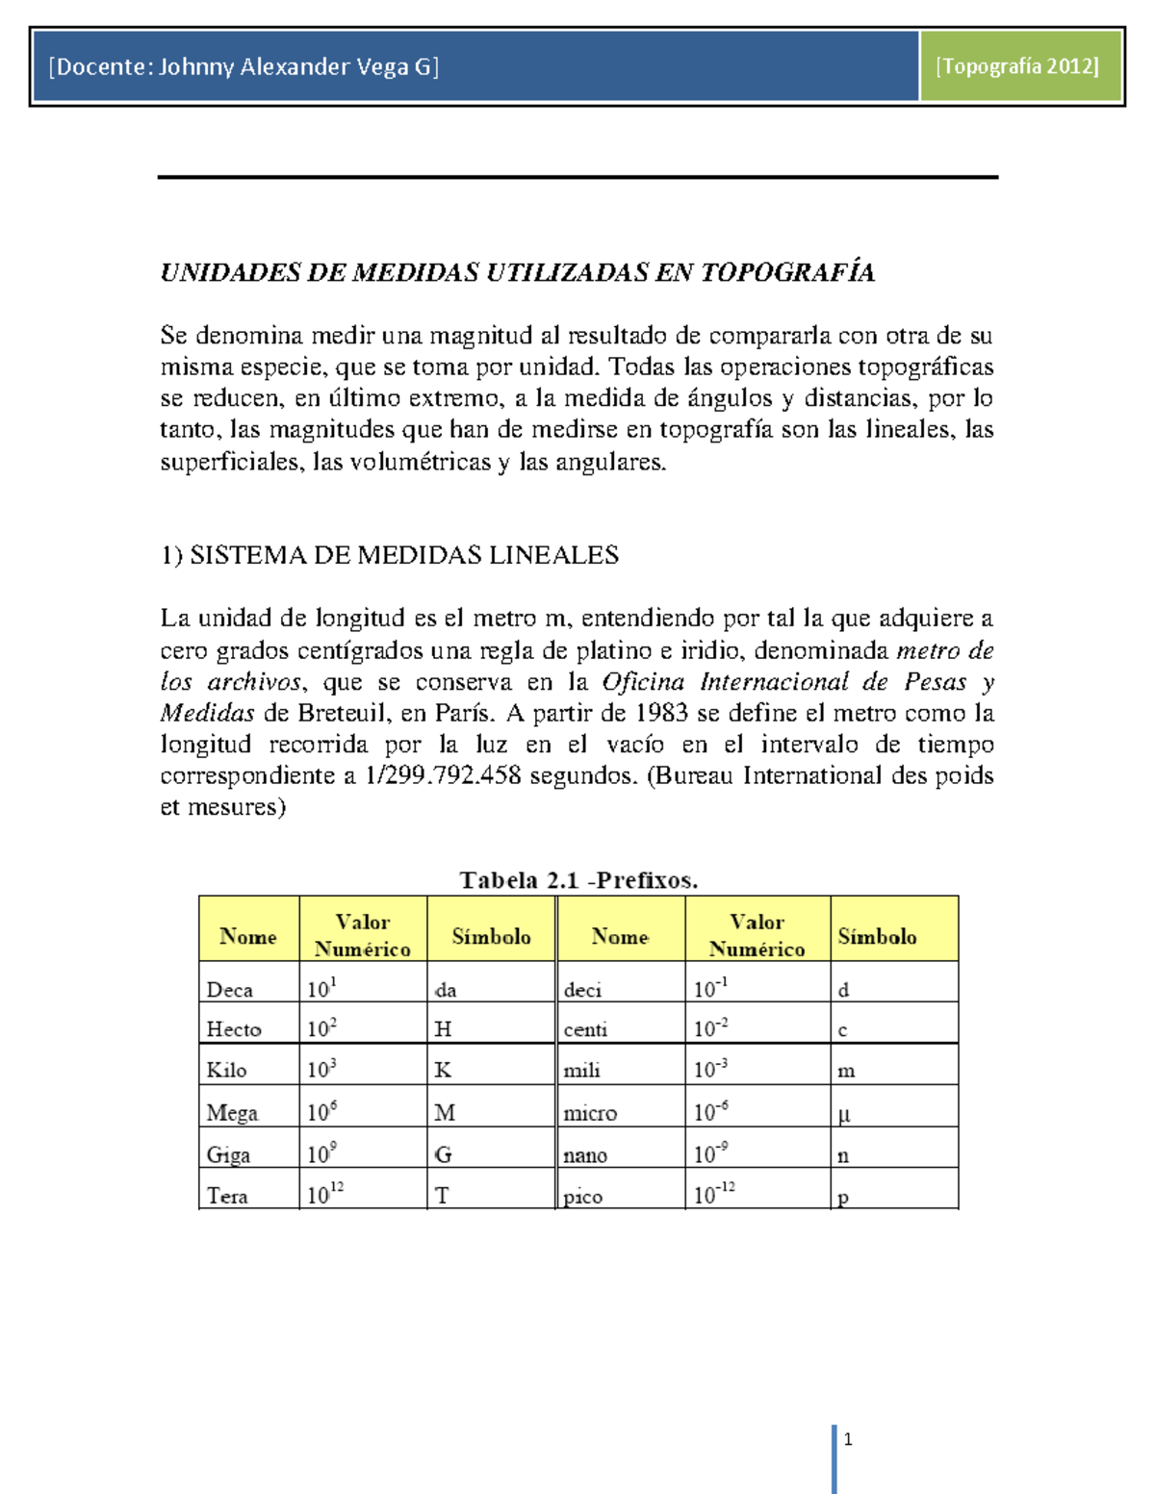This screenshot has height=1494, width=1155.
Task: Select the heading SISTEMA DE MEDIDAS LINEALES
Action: [403, 555]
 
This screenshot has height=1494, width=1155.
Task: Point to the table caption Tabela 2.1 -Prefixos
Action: [578, 879]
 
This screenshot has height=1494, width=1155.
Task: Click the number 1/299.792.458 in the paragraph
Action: [444, 775]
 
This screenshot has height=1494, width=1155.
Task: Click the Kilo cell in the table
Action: [226, 1070]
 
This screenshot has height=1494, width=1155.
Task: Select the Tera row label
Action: [227, 1196]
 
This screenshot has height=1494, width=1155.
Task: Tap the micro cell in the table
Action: [590, 1113]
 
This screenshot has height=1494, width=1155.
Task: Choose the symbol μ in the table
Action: [844, 1115]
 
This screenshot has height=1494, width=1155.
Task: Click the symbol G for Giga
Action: [443, 1154]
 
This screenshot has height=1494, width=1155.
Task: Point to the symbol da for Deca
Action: [446, 990]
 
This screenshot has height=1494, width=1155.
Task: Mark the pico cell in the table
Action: [583, 1198]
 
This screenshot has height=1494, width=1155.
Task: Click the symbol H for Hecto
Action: [443, 1029]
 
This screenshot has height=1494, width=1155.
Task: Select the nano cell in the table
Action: [585, 1155]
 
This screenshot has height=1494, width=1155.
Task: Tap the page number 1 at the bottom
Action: [848, 1439]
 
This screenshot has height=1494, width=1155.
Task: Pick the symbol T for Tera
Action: [442, 1196]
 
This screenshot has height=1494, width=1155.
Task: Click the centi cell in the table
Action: [585, 1030]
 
